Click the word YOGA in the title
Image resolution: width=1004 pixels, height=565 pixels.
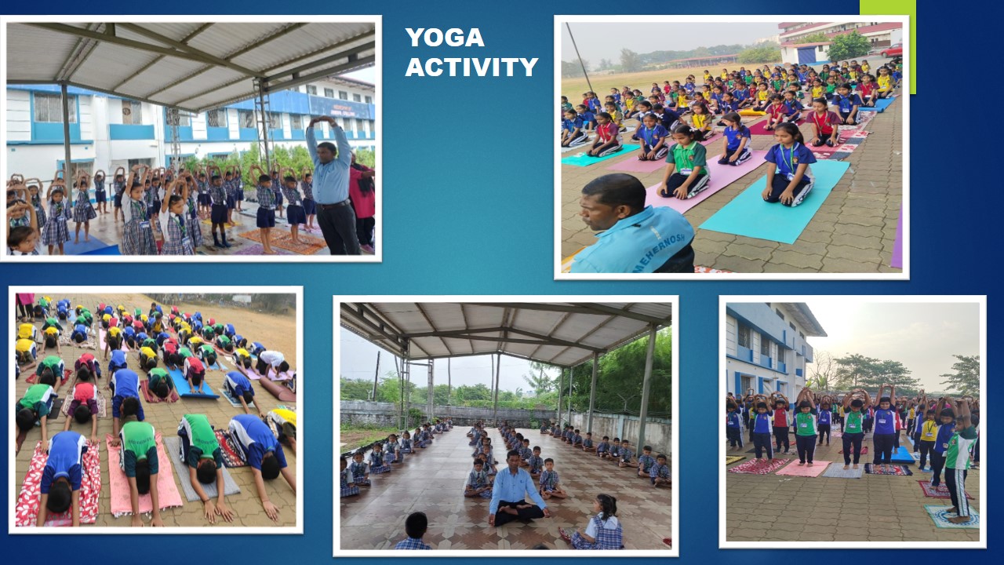pos(445,37)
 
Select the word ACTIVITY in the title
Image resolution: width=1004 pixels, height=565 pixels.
pos(471,67)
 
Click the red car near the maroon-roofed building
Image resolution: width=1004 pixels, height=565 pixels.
pos(891,50)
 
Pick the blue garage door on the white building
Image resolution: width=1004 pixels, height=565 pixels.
pos(806,56)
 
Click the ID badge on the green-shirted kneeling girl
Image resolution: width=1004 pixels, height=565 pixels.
pos(686,171)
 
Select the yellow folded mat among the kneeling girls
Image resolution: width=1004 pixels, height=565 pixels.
pos(751,112)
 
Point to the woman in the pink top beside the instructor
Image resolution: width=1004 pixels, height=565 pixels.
pos(362,202)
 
